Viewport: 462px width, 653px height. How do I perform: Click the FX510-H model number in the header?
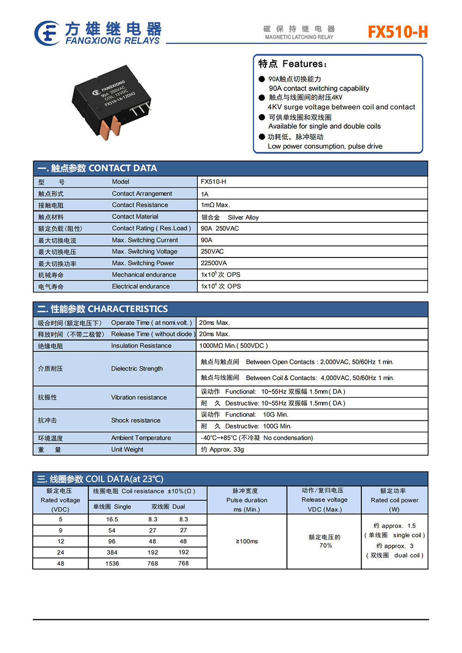397,32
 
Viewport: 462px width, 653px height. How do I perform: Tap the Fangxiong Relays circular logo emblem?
47,33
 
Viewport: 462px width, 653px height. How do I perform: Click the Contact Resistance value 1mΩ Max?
215,205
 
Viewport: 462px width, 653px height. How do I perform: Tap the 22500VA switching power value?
214,263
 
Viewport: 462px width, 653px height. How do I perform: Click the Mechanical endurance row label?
144,275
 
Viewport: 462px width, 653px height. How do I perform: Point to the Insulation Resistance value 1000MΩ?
233,346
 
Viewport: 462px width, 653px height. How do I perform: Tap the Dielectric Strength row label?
137,369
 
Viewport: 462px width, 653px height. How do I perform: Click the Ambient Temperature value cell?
257,438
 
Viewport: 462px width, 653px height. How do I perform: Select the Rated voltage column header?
60,500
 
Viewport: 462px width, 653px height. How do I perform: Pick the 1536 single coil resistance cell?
112,563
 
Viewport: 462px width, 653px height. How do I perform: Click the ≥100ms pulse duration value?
247,541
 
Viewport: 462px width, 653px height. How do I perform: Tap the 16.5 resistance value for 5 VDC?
112,519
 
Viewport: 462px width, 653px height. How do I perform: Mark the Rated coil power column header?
394,500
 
